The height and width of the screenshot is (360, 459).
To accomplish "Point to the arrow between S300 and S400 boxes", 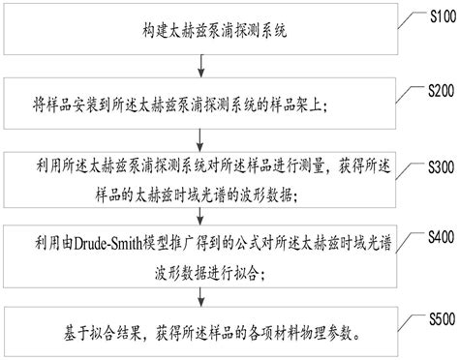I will tap(201, 214).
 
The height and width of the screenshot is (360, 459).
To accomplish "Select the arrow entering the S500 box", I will tap(201, 292).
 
